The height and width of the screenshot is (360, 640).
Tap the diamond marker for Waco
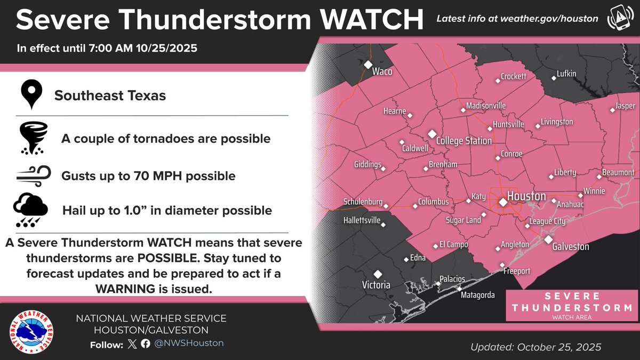(x=368, y=65)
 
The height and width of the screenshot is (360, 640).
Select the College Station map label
(x=463, y=141)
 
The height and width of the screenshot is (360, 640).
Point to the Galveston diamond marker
(x=548, y=239)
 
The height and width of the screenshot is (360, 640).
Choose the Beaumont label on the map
(x=618, y=173)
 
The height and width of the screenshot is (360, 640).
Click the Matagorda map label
(x=478, y=295)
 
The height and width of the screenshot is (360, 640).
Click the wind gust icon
(x=33, y=174)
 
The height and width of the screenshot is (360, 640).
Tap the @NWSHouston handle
(x=189, y=343)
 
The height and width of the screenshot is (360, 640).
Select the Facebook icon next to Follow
(x=146, y=343)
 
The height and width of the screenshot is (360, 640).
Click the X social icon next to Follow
(x=133, y=343)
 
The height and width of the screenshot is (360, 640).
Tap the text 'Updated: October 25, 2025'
(x=535, y=347)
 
